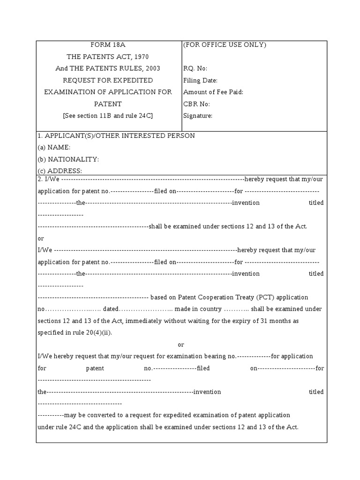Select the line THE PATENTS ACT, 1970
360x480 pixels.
pyautogui.click(x=108, y=57)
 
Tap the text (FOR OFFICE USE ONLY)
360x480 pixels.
pyautogui.click(x=225, y=45)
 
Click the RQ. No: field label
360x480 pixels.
pyautogui.click(x=195, y=68)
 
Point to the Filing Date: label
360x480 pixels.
pyautogui.click(x=200, y=81)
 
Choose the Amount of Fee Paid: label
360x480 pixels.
pyautogui.click(x=213, y=92)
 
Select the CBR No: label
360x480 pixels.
pyautogui.click(x=196, y=104)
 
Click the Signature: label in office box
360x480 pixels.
pyautogui.click(x=198, y=116)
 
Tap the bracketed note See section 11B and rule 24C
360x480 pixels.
pyautogui.click(x=108, y=116)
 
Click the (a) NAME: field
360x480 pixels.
pyautogui.click(x=54, y=147)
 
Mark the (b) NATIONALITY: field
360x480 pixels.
pyautogui.click(x=68, y=159)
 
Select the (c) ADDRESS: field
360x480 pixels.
pyautogui.click(x=60, y=171)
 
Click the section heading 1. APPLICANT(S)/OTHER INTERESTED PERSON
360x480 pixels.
pyautogui.click(x=116, y=136)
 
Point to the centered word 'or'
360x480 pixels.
pyautogui.click(x=181, y=345)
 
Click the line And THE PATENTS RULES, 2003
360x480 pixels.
pyautogui.click(x=108, y=68)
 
